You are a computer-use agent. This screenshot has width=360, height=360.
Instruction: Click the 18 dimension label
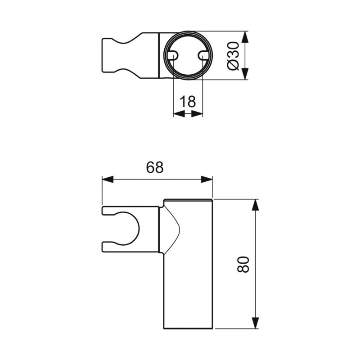[188, 102]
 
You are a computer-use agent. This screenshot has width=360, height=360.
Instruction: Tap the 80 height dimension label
[243, 264]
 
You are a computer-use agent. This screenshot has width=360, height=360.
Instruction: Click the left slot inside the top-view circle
[173, 55]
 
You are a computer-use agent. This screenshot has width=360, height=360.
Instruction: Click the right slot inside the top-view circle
[203, 55]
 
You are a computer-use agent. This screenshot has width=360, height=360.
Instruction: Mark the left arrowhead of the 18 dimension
[178, 114]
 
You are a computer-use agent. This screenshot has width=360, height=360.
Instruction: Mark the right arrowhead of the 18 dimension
[198, 114]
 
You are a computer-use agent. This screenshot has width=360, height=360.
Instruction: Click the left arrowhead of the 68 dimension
[108, 179]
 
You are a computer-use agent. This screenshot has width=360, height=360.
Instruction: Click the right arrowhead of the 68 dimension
[207, 179]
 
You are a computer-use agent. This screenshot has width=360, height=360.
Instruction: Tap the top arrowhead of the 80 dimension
[255, 205]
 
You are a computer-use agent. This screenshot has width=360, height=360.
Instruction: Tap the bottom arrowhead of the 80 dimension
[255, 323]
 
